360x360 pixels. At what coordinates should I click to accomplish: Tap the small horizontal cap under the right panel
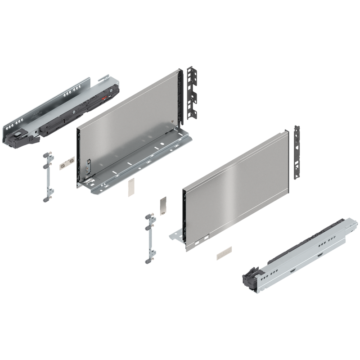click(223, 253)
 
